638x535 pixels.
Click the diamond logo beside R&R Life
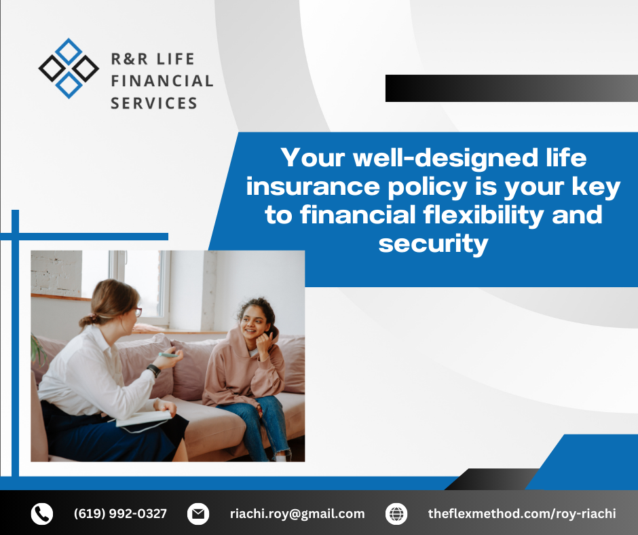click(69, 69)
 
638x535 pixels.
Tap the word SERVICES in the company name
click(154, 103)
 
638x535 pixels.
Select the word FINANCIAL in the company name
click(162, 81)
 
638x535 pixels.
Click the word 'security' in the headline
click(433, 244)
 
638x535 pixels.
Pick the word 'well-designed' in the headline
click(445, 158)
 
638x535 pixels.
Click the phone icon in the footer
click(42, 513)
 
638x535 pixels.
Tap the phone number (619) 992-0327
click(120, 513)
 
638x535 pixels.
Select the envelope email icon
click(198, 513)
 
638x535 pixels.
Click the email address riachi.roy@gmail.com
click(297, 514)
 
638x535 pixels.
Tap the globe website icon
click(396, 513)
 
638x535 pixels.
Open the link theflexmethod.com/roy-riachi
click(522, 514)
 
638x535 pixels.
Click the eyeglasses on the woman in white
click(138, 312)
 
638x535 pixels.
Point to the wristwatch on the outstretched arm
click(154, 370)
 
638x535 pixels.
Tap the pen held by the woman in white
click(168, 355)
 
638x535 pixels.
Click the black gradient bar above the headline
click(512, 88)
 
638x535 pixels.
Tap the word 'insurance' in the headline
click(312, 187)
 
